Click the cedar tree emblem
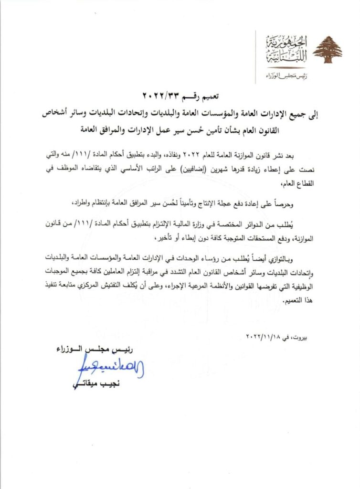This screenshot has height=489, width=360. point(328,49)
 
